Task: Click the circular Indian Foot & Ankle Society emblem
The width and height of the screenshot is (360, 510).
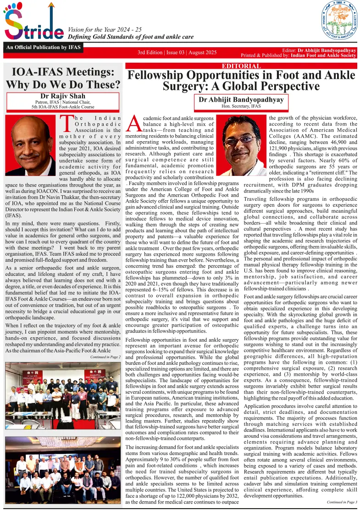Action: click(x=339, y=22)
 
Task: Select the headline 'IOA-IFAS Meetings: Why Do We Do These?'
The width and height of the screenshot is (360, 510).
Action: click(x=63, y=78)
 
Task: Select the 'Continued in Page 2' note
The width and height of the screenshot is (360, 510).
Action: click(x=105, y=356)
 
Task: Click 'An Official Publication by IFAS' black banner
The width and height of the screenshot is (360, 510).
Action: click(x=38, y=47)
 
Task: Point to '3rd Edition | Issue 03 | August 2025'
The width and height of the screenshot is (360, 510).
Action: click(x=177, y=53)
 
